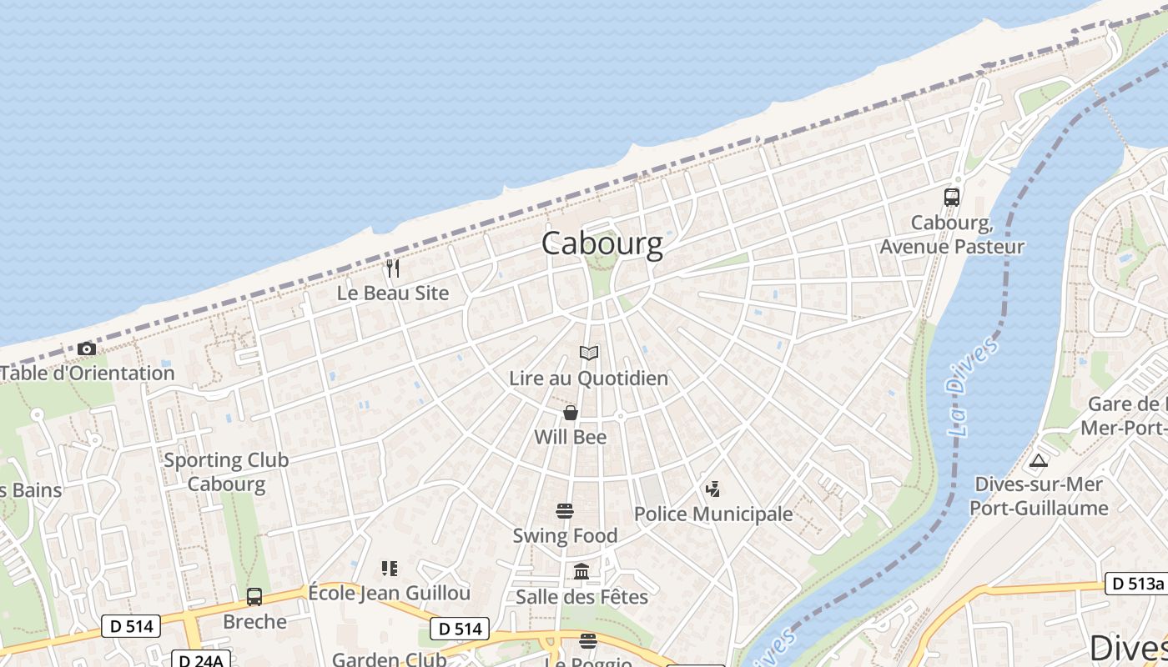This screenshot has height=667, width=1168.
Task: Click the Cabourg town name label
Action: point(602,243)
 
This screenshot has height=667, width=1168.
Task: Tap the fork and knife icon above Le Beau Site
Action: point(393,268)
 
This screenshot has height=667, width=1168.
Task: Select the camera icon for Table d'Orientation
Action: point(87,349)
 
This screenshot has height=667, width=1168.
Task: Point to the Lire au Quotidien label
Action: point(588,379)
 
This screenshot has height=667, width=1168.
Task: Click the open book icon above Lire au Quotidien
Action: point(589,354)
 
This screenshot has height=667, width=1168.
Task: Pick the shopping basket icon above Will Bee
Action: point(571,413)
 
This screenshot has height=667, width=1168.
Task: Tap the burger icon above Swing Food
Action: point(565,510)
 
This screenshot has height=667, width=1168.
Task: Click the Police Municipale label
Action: point(713,514)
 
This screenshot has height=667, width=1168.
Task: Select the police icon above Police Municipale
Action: point(712,489)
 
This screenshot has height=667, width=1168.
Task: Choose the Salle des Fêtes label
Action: point(581,597)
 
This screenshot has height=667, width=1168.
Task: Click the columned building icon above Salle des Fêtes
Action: point(581,572)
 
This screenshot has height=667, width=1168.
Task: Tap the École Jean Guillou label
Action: point(390,594)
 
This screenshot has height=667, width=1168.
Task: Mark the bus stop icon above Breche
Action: point(254,597)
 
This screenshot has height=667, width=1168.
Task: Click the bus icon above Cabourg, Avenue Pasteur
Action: point(952,198)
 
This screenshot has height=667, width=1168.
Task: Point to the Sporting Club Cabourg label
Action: point(226,472)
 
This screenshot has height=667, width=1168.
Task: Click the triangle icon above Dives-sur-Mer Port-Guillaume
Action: point(1039,460)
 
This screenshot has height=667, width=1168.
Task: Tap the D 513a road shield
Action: point(1136,584)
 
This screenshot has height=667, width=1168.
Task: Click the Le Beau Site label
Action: point(393,293)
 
